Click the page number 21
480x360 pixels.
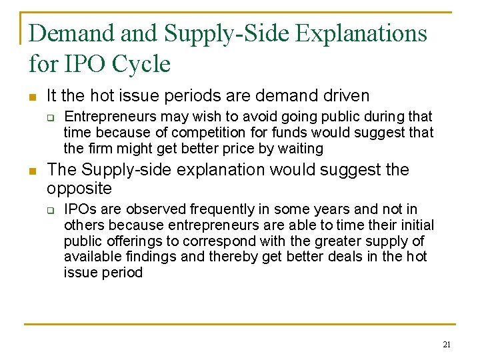[x=446, y=344]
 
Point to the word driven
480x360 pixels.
[x=343, y=95]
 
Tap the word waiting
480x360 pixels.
[x=299, y=149]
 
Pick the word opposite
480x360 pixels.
[x=79, y=188]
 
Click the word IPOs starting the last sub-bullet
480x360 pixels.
[x=80, y=209]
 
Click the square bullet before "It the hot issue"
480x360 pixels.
[x=33, y=96]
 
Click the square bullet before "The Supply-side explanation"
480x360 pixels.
[x=33, y=171]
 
